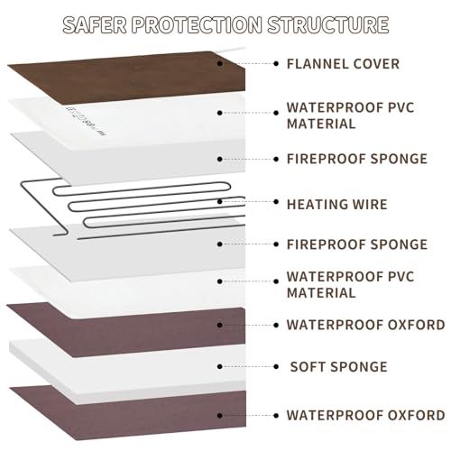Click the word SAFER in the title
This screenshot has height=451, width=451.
[95, 24]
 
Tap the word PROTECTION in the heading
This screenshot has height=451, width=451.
[197, 24]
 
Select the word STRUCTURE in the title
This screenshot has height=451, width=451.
[328, 24]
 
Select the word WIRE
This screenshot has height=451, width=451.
[370, 205]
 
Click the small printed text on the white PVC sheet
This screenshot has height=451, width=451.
[85, 120]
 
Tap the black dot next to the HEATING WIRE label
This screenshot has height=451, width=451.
[276, 202]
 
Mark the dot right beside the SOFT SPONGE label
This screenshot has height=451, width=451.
[276, 366]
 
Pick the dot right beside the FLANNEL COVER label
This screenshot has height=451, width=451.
[276, 64]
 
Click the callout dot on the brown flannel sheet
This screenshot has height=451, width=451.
[220, 64]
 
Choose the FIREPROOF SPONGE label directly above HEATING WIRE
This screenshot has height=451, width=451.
[357, 159]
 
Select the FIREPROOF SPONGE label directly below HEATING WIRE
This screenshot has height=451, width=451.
[357, 244]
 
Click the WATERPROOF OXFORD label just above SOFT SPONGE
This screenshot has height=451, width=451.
[365, 325]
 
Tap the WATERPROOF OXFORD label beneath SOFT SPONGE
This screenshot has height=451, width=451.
[365, 416]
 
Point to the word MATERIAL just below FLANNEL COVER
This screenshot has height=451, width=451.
[321, 124]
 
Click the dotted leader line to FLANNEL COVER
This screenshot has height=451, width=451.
[248, 64]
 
